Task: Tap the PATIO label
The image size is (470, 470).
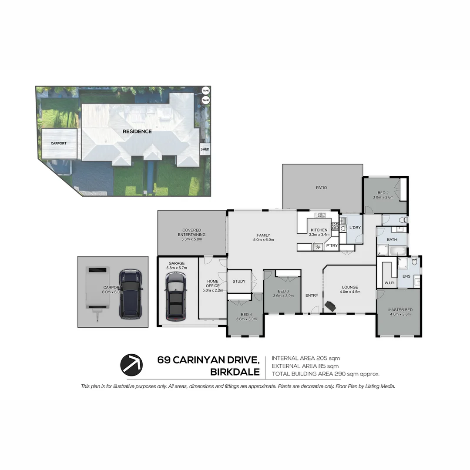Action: point(321,188)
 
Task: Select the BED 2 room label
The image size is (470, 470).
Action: point(383,195)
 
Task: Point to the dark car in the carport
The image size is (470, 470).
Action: point(130,293)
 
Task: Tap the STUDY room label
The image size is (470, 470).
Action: point(239,281)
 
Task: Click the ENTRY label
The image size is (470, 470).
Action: point(312,295)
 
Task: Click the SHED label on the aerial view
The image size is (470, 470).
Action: point(205,149)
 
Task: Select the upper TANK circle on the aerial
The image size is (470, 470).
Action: point(205,91)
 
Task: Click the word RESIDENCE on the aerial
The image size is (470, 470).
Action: point(137,131)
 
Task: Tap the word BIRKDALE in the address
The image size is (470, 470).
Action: point(235,373)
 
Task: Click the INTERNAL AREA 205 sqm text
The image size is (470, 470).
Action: point(305,358)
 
